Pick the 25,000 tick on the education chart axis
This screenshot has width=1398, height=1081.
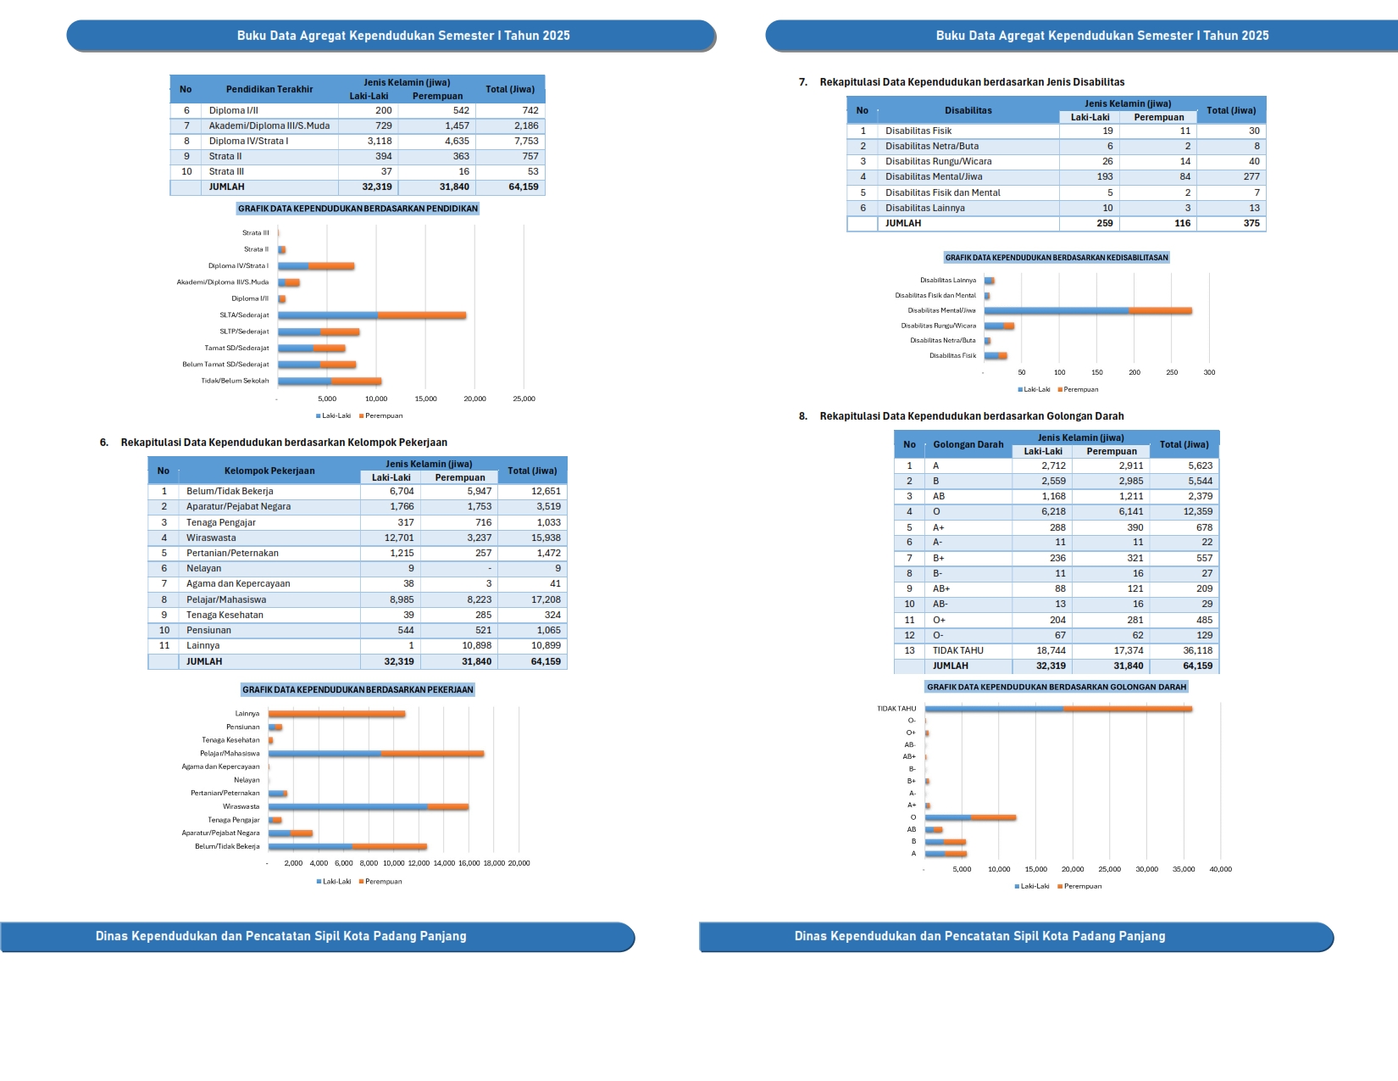click(x=524, y=398)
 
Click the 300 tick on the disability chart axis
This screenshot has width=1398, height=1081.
click(x=1209, y=372)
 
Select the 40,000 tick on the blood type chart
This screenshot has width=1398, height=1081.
click(x=1220, y=869)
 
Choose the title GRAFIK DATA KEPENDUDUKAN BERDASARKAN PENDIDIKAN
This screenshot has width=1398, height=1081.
click(x=358, y=209)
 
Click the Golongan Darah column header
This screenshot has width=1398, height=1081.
click(x=968, y=444)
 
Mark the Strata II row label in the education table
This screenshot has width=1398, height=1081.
click(x=225, y=156)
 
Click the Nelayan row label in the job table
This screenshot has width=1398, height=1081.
click(x=204, y=568)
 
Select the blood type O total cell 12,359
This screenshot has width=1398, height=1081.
click(x=1197, y=511)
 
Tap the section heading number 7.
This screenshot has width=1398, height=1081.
click(x=802, y=82)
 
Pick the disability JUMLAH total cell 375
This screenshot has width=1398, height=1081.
click(x=1251, y=223)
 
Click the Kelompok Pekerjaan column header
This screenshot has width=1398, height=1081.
click(x=269, y=471)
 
